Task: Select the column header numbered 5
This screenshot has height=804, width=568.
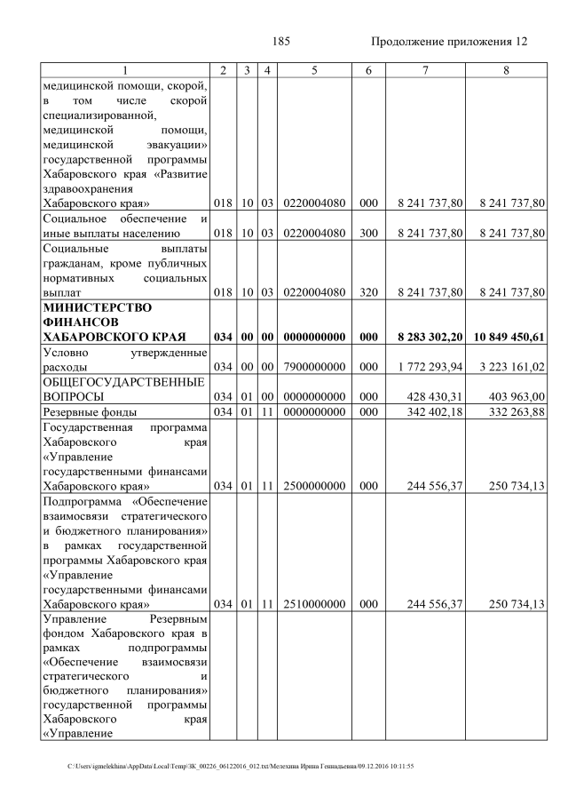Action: (x=314, y=69)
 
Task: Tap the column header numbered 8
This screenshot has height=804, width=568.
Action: (x=506, y=69)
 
